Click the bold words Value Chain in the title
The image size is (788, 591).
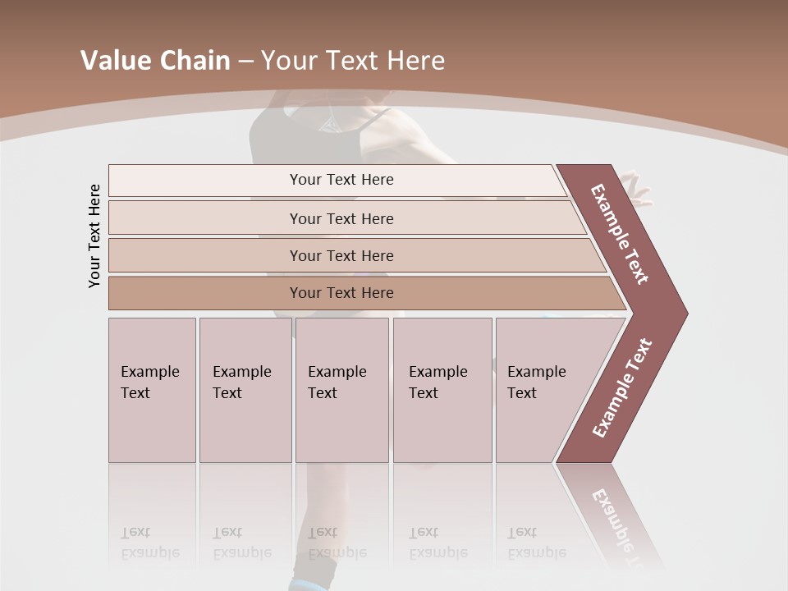click(x=155, y=61)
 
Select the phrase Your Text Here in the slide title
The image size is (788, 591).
click(x=353, y=61)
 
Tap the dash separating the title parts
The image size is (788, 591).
click(x=245, y=62)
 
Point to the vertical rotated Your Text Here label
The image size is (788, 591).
click(x=94, y=236)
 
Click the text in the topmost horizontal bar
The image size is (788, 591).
click(x=341, y=180)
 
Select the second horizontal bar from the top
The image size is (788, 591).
click(x=341, y=218)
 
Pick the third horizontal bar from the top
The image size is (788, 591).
click(x=341, y=255)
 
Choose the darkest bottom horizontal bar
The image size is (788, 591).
click(x=341, y=293)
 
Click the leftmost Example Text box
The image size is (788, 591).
click(x=152, y=390)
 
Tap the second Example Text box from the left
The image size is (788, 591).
click(x=245, y=390)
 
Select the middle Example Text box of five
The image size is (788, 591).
click(x=341, y=390)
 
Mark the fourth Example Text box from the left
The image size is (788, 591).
click(x=442, y=390)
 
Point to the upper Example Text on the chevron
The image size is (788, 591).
click(x=620, y=234)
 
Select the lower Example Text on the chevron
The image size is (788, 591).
click(x=622, y=388)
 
